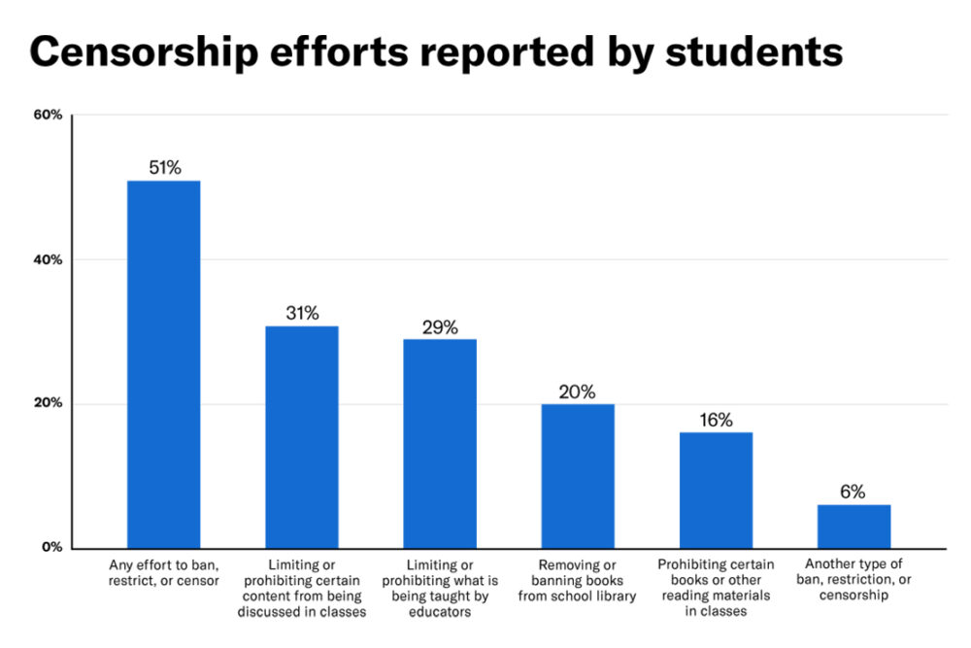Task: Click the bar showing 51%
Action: pyautogui.click(x=163, y=364)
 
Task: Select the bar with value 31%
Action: pyautogui.click(x=302, y=436)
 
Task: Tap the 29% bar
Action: pyautogui.click(x=440, y=443)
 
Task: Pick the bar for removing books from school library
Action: pyautogui.click(x=578, y=475)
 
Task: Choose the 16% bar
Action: pyautogui.click(x=716, y=490)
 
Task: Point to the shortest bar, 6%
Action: pyautogui.click(x=854, y=526)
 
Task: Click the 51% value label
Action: pyautogui.click(x=164, y=167)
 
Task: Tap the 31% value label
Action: pyautogui.click(x=302, y=313)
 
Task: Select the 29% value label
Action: pyautogui.click(x=440, y=326)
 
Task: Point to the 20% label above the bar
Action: pyautogui.click(x=578, y=392)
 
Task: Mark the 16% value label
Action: pyautogui.click(x=716, y=420)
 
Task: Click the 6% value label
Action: pyautogui.click(x=854, y=492)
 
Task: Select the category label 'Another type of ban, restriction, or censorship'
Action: pyautogui.click(x=854, y=580)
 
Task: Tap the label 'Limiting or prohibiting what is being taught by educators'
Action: pyautogui.click(x=440, y=588)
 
